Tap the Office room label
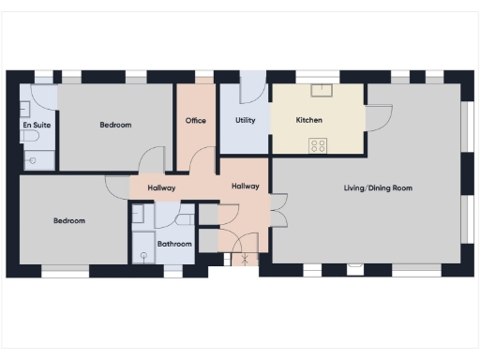point(196,121)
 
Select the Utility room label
point(246,121)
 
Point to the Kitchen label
point(309,121)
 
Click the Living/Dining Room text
point(378,188)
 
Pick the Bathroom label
point(174,244)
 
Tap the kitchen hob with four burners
point(319,145)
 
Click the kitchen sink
point(322,90)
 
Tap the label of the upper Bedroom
point(115,125)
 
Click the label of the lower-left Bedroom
point(69,221)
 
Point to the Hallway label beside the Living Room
point(245,187)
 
